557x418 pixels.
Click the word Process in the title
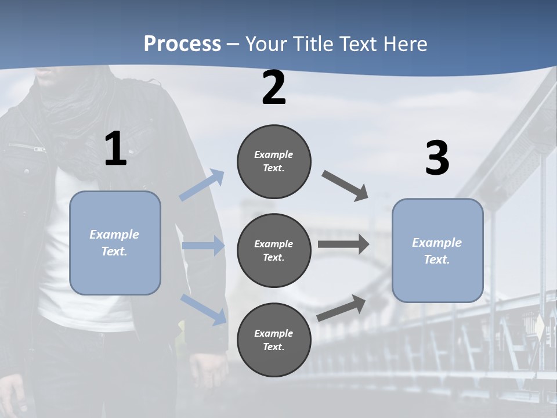[x=182, y=44]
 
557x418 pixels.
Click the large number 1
[x=115, y=149]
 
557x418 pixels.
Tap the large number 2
[x=274, y=88]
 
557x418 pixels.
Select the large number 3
[x=437, y=158]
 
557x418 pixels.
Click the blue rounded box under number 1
[x=115, y=243]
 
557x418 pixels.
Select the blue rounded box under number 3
[x=437, y=250]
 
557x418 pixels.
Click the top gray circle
[x=274, y=161]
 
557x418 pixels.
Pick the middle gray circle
[x=274, y=250]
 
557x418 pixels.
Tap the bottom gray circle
[x=274, y=340]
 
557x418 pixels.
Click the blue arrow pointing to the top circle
[x=202, y=185]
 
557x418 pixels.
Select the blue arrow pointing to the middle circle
[x=202, y=246]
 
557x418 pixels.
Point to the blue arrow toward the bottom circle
[x=203, y=308]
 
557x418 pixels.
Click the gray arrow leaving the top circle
[x=346, y=186]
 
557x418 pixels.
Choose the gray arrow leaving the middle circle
[x=343, y=244]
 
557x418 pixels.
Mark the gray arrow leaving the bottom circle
[x=342, y=308]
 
